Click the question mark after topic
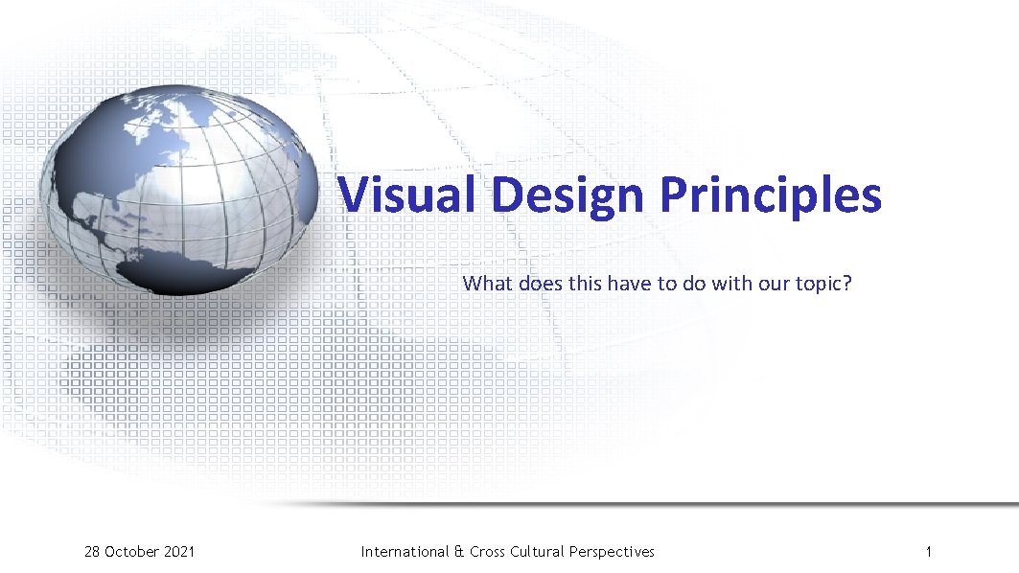[847, 284]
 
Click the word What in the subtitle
[488, 284]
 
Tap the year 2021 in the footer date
[178, 551]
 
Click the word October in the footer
[132, 551]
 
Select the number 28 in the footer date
[92, 551]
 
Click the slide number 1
[929, 551]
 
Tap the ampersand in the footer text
[459, 551]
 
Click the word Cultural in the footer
[538, 551]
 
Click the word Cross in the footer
[488, 551]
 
